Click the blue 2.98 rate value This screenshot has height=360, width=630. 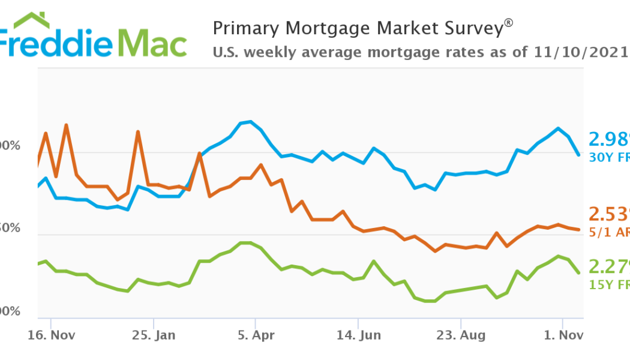(x=609, y=139)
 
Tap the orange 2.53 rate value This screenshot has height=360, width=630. (x=609, y=214)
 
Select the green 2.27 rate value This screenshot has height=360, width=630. (x=609, y=266)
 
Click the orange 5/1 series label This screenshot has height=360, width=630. (x=601, y=232)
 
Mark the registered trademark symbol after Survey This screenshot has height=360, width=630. (x=509, y=23)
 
